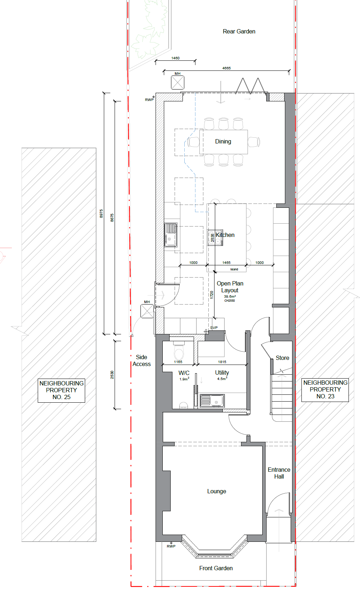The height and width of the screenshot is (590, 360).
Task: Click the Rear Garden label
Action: tap(239, 31)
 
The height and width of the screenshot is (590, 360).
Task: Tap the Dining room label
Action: tap(223, 141)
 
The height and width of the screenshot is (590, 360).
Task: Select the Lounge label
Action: tap(217, 491)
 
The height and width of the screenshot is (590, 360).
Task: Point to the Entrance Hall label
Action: tap(279, 473)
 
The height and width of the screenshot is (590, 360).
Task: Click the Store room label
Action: tap(282, 358)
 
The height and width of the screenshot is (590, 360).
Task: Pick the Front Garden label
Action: tap(216, 568)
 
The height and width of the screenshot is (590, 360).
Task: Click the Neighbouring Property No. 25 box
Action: tap(61, 390)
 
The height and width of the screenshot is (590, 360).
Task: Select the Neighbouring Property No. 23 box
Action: tap(325, 389)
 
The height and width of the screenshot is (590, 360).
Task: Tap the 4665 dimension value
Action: tap(226, 68)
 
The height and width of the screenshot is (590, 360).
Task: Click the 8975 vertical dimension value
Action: tap(101, 214)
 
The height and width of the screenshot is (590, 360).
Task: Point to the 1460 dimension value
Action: tap(175, 58)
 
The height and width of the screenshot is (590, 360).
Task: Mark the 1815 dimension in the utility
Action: tap(222, 362)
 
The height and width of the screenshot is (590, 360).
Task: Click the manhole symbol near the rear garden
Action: tap(177, 83)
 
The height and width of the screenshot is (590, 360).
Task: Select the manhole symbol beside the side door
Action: tap(147, 311)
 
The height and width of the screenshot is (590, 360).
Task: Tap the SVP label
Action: tap(214, 328)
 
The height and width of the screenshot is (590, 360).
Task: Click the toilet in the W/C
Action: tap(179, 351)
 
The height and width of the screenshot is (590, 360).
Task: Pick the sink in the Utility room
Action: tap(212, 401)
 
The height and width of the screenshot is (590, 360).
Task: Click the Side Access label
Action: tap(142, 361)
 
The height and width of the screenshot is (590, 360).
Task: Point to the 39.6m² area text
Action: tap(230, 296)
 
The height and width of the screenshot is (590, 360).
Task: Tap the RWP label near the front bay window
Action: tap(171, 546)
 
